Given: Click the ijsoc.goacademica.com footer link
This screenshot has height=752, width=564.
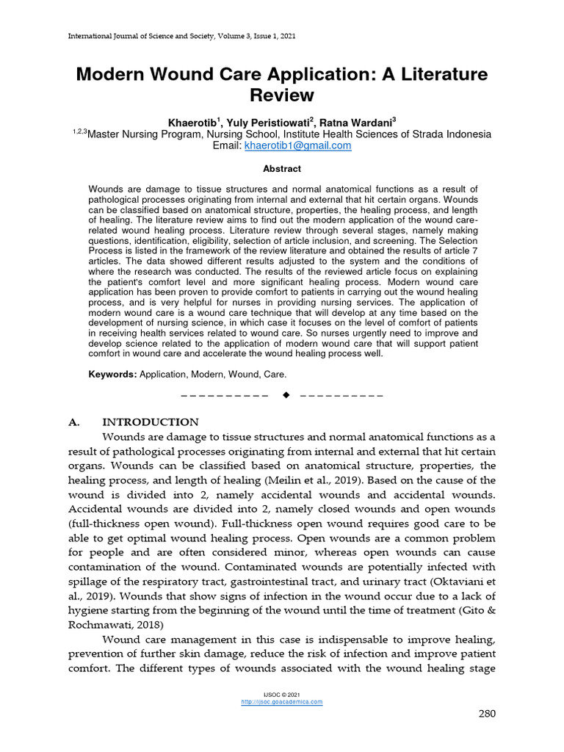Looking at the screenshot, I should click(282, 702).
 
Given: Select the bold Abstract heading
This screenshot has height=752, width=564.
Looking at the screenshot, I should click(282, 169).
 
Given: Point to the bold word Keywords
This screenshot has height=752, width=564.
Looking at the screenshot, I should click(112, 375).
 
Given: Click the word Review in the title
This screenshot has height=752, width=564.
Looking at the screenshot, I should click(282, 95).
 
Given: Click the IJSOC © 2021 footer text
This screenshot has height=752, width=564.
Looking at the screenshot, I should click(282, 695).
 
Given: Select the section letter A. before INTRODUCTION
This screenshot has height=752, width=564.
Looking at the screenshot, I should click(73, 422).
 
